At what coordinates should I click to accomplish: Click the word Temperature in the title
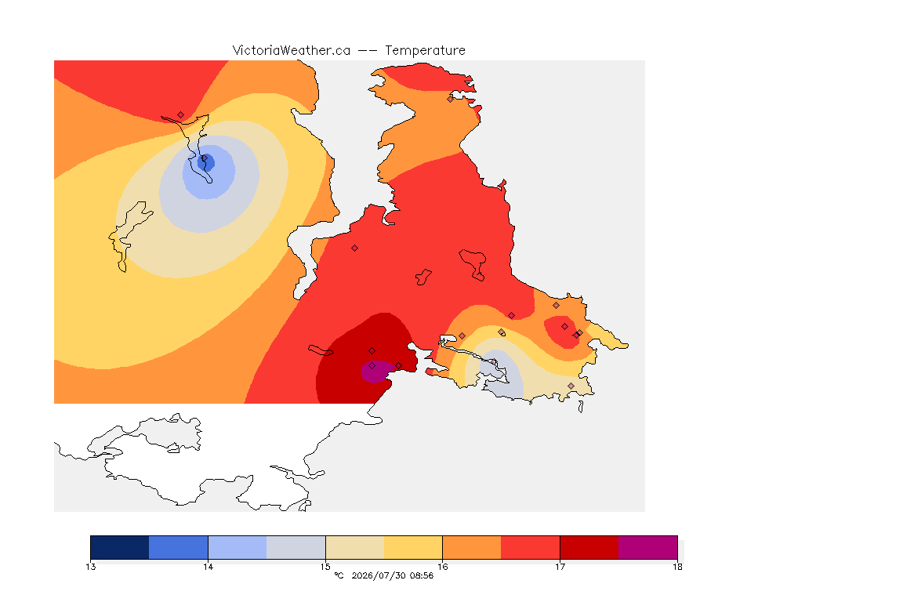coord(425,51)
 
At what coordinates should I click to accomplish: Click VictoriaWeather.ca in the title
coord(292,51)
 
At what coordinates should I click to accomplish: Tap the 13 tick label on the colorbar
coord(90,567)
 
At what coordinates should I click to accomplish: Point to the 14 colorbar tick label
coord(208,567)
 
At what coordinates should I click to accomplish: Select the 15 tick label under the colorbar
coord(325,567)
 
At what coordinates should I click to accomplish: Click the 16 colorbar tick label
coord(442,567)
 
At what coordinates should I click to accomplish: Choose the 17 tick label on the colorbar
coord(560,567)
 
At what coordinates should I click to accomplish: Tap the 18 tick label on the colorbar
coord(677,567)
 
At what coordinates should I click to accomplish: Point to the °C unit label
coord(339,575)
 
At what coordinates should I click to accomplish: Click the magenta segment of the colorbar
coord(648,547)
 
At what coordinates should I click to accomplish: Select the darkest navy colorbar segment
coord(120,547)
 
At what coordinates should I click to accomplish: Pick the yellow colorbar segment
coord(413,547)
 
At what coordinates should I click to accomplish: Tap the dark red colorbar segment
coord(589,547)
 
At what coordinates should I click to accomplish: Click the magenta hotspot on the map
coord(375,372)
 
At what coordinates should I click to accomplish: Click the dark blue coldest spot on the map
coord(206,162)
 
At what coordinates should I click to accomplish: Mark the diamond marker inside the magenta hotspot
coord(372,366)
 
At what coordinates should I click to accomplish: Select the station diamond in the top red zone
coord(181,115)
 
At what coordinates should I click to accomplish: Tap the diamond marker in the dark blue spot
coord(204,158)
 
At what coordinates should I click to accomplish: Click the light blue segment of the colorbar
coord(238,547)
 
